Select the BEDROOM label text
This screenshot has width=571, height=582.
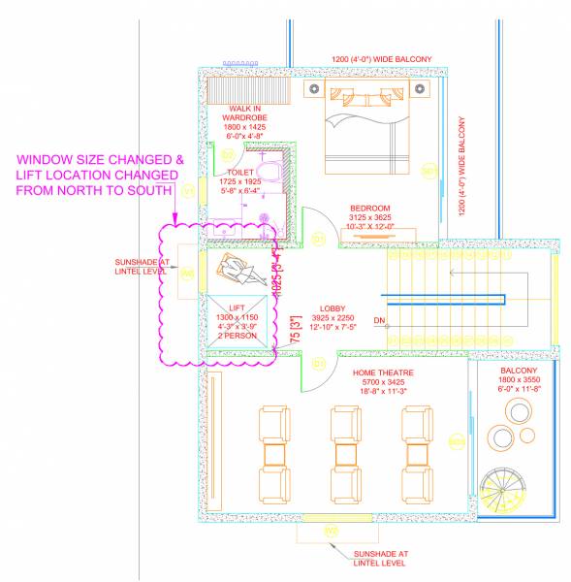(370, 209)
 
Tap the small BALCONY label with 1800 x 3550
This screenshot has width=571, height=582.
(514, 371)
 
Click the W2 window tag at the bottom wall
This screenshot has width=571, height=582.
(332, 532)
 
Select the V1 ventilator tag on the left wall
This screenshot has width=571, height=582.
(189, 191)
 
